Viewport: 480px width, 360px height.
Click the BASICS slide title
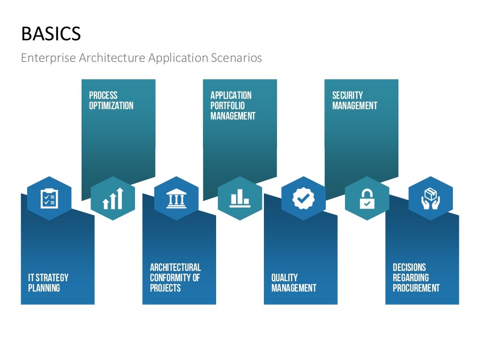[51, 34]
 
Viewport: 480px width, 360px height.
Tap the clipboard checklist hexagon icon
[49, 198]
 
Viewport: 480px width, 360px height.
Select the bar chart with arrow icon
[112, 198]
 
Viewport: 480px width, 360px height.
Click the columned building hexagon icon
[176, 198]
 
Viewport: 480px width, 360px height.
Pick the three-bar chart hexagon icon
[240, 198]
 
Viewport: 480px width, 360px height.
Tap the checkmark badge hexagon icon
[303, 198]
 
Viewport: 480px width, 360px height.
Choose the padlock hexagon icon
[367, 198]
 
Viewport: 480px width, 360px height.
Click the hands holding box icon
[430, 198]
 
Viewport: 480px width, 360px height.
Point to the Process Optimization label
[111, 100]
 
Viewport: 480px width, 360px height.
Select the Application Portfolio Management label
[232, 105]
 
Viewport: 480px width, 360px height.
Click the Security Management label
[354, 100]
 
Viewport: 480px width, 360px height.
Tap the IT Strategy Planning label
[48, 283]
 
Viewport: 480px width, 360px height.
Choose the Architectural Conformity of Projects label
[175, 277]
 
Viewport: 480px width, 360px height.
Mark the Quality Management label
[293, 283]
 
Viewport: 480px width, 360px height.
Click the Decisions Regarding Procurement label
[416, 277]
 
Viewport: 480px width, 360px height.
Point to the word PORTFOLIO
[227, 105]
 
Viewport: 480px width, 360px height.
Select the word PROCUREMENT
[416, 288]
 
